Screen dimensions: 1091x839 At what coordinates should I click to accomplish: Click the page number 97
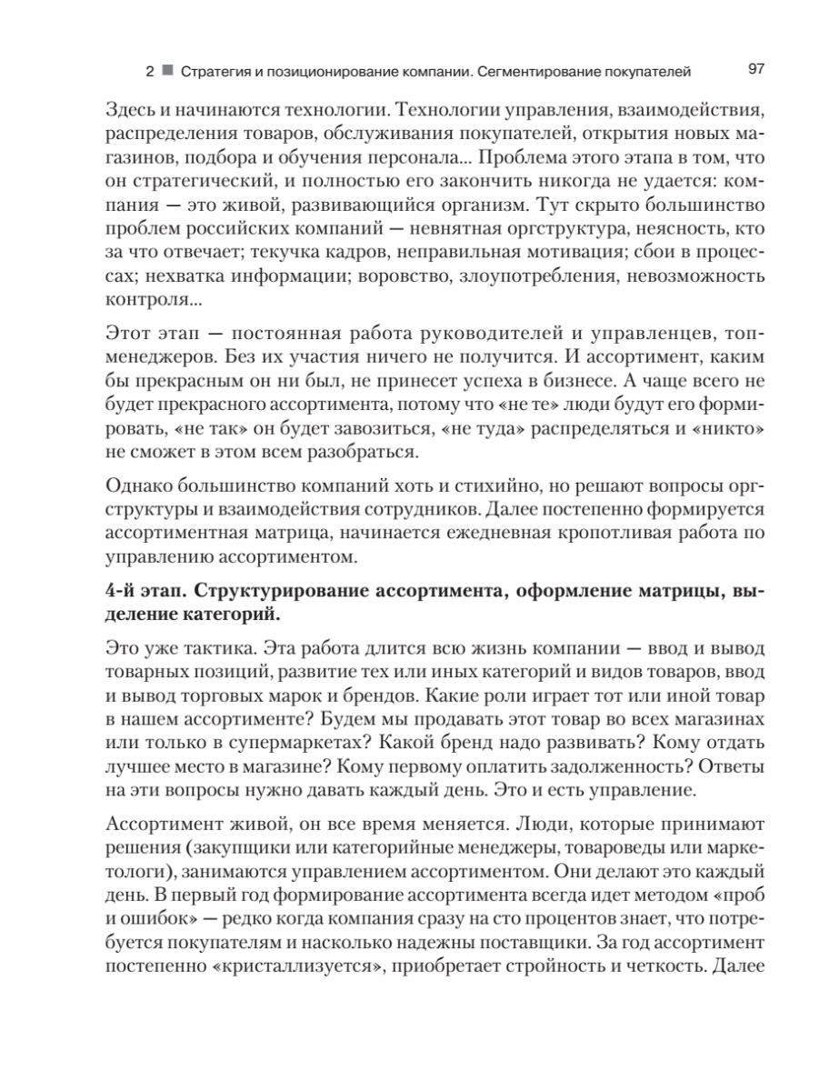pyautogui.click(x=756, y=70)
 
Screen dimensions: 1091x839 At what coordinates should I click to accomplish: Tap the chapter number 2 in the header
pyautogui.click(x=149, y=71)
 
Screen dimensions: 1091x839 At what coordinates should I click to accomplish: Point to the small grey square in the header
pyautogui.click(x=167, y=71)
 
